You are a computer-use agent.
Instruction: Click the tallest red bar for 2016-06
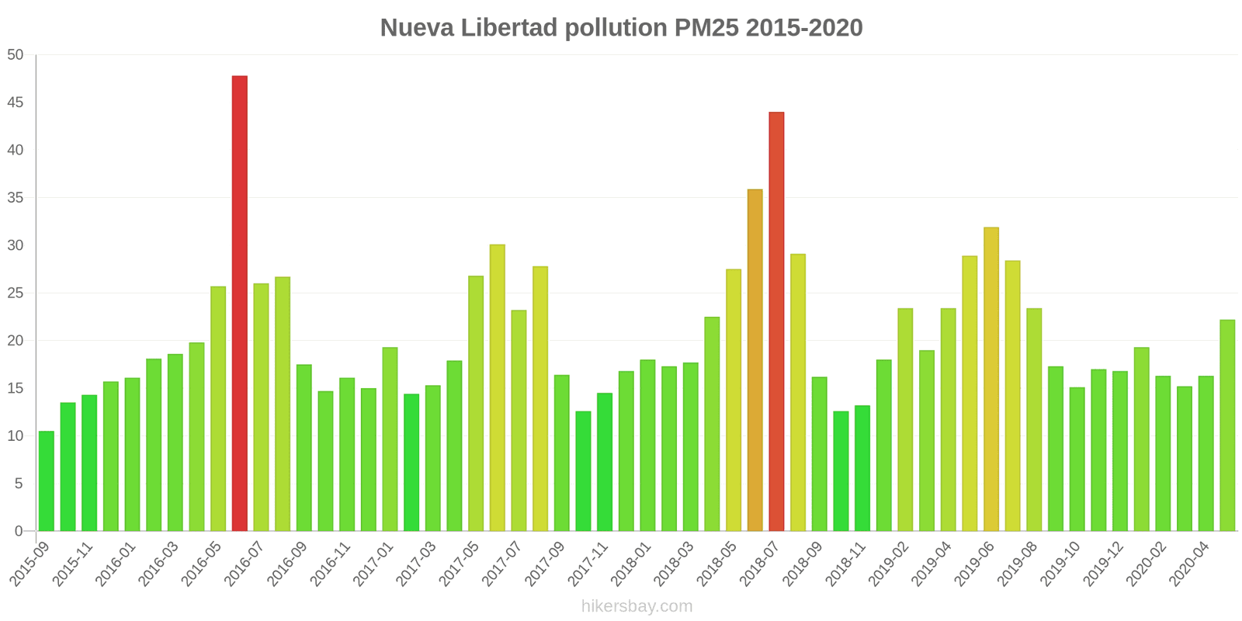click(240, 303)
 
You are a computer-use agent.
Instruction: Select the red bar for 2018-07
click(776, 321)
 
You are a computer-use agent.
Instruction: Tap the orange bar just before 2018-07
click(755, 360)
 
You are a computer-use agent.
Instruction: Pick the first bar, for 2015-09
click(47, 481)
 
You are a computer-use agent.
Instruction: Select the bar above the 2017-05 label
click(476, 404)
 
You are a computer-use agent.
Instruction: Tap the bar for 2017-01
click(390, 439)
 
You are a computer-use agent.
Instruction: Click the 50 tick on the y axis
click(16, 55)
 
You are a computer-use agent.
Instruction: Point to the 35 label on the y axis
click(16, 198)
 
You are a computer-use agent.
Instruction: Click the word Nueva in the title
click(416, 28)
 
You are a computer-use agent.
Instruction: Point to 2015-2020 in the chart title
click(804, 28)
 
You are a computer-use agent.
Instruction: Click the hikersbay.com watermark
click(637, 606)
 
